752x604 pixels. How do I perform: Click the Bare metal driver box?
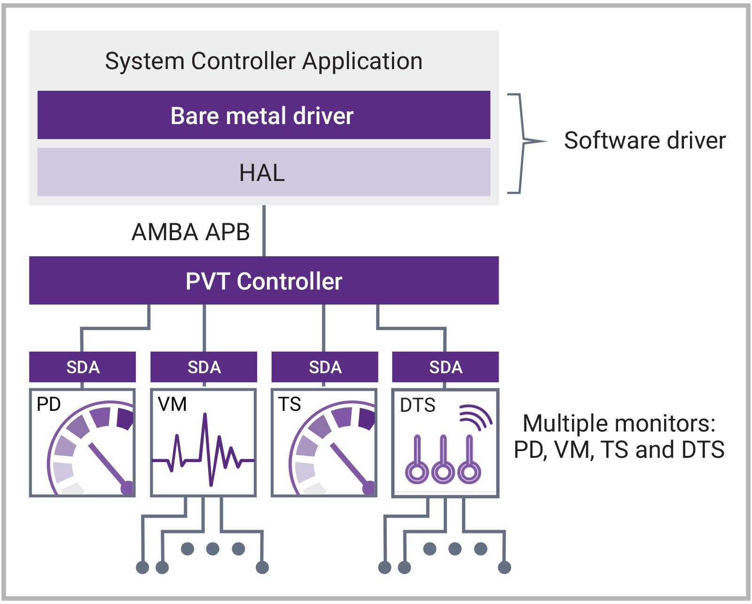click(x=263, y=115)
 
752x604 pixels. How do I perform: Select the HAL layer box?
click(x=263, y=172)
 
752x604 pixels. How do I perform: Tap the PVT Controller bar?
click(x=263, y=281)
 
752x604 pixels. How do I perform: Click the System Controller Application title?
click(x=263, y=61)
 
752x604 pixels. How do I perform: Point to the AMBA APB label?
click(x=190, y=232)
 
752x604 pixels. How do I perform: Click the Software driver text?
click(x=644, y=141)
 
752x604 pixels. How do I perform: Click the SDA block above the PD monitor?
click(x=83, y=367)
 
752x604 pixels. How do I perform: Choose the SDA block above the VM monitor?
click(x=204, y=367)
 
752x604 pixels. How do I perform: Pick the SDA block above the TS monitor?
click(x=325, y=367)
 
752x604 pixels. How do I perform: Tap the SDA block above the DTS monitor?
click(x=446, y=367)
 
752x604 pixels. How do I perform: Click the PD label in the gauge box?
click(x=48, y=404)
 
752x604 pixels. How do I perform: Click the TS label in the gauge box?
click(x=290, y=404)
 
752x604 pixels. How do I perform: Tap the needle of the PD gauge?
click(x=108, y=465)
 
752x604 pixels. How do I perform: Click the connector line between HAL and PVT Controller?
click(x=264, y=230)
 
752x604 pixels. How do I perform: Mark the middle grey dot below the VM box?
click(x=213, y=549)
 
